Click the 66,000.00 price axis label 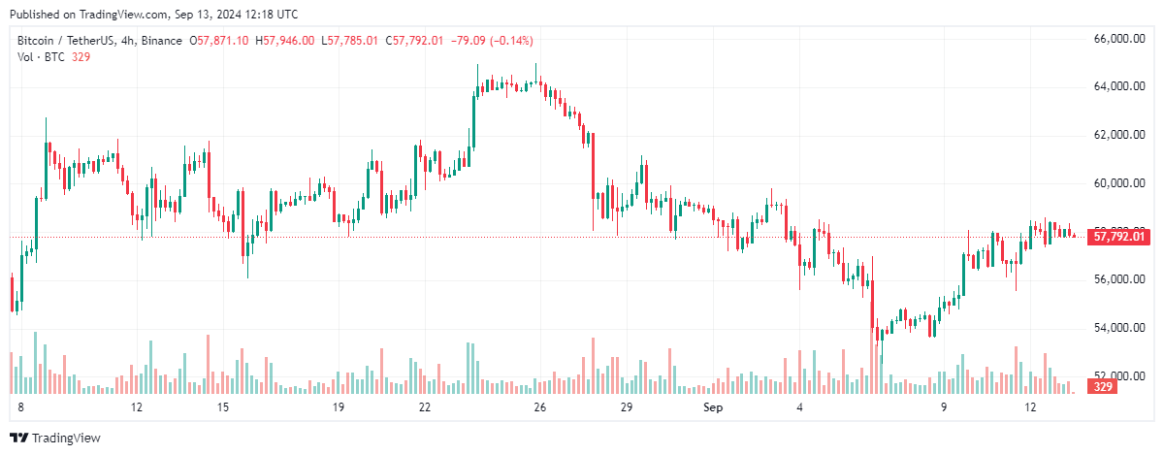pos(1115,39)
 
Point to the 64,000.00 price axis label pos(1115,86)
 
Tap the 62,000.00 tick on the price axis pos(1115,135)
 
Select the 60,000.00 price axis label pos(1115,182)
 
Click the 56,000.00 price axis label pos(1115,279)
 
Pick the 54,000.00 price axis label pos(1115,327)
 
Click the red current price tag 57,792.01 pos(1120,236)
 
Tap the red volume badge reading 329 pos(1102,387)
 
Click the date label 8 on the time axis pos(19,407)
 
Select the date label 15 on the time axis pos(223,407)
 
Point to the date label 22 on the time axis pos(425,407)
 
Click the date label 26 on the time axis pos(540,407)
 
